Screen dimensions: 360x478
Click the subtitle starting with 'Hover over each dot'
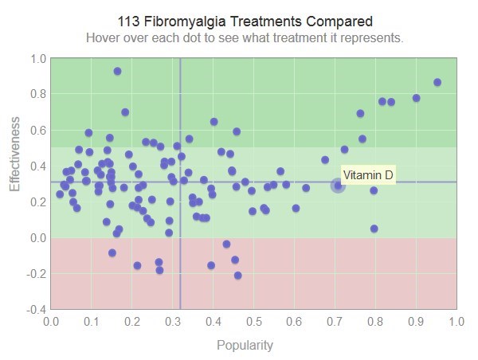coord(245,37)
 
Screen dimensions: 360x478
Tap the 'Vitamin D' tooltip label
coord(368,175)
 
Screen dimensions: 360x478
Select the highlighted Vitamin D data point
coord(338,186)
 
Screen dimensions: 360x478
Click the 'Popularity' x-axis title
coord(245,346)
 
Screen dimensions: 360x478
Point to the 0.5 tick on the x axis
coord(254,322)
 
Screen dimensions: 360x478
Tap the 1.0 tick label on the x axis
coord(456,322)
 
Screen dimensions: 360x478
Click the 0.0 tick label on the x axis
coord(51,322)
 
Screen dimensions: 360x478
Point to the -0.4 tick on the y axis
coord(37,309)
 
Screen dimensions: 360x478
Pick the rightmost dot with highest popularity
coord(437,82)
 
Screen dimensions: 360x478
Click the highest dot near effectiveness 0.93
coord(117,71)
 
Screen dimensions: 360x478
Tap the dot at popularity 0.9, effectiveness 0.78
coord(416,98)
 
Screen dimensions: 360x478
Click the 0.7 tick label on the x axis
coord(335,322)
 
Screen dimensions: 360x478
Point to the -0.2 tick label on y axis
coord(37,273)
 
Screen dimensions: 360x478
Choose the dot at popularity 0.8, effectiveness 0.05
coord(374,229)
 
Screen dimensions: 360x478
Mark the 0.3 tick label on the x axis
coord(173,322)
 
